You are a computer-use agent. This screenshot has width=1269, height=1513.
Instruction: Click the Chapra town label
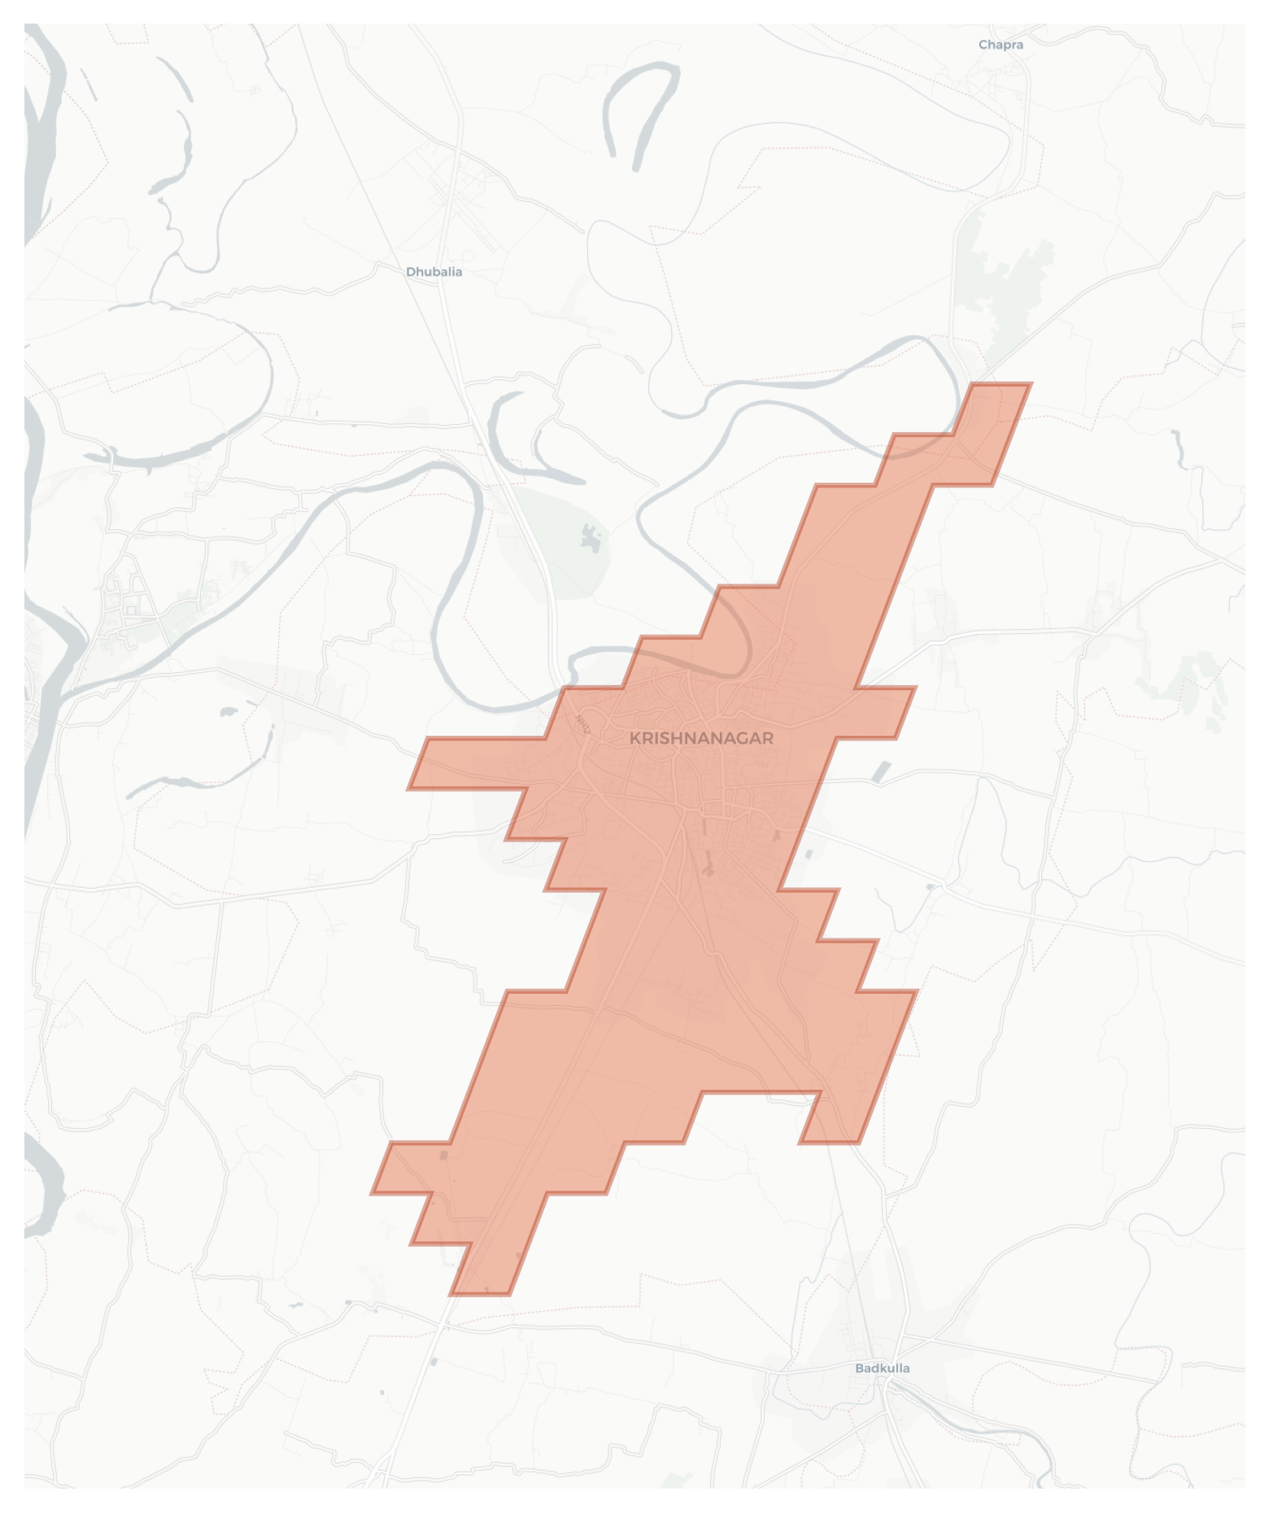point(1001,45)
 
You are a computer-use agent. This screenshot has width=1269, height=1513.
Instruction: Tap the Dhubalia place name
point(434,272)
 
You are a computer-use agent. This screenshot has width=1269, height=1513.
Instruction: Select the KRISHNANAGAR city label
point(701,738)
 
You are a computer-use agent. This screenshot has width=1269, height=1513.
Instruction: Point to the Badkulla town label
point(882,1368)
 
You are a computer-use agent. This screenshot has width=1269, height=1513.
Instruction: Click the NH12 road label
point(583,724)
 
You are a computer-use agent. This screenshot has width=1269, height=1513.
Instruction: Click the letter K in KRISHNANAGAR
point(635,738)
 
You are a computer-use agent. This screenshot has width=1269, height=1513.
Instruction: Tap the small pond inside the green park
point(591,536)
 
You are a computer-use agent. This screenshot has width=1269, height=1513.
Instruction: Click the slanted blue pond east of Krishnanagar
point(880,771)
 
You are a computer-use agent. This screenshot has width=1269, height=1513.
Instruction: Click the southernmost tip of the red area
point(480,1293)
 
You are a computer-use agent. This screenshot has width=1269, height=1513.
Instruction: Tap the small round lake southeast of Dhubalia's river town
point(225,712)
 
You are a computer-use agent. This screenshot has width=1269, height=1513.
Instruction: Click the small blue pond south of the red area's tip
point(433,1362)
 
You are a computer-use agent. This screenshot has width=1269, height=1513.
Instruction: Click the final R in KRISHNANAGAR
point(768,738)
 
